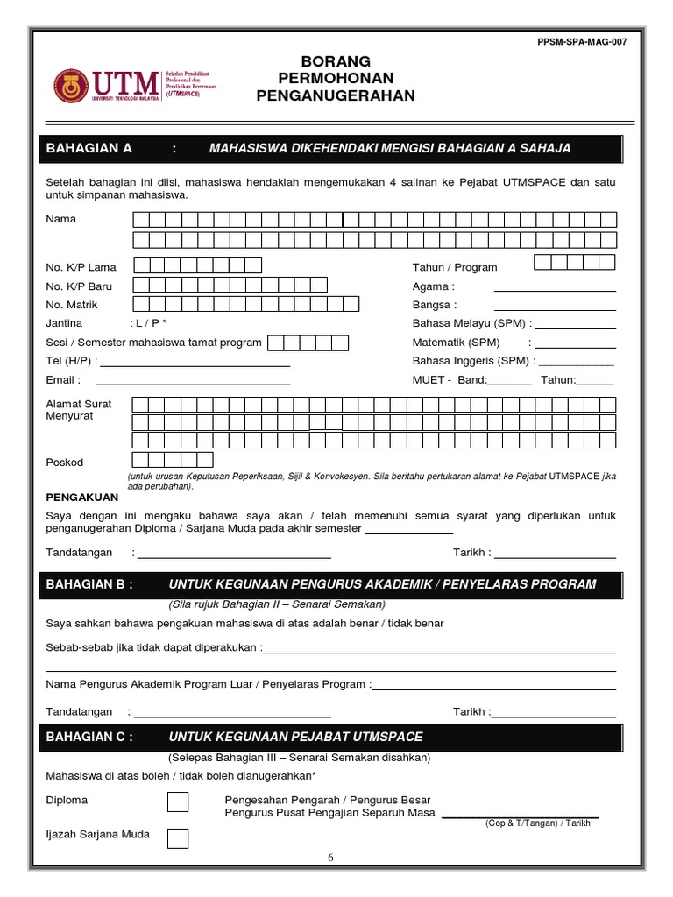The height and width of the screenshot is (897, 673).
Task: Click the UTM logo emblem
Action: (70, 86)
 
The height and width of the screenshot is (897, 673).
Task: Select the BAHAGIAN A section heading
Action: (89, 149)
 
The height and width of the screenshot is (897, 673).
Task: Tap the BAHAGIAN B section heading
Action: (89, 584)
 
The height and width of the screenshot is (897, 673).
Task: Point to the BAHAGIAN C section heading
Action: (89, 737)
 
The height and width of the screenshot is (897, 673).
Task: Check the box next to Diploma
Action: (178, 802)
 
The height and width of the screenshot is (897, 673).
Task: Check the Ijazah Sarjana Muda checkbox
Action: (178, 837)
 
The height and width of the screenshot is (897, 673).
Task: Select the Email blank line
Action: (193, 383)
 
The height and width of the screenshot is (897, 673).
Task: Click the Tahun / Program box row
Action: (574, 262)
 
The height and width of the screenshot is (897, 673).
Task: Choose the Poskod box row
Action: (173, 460)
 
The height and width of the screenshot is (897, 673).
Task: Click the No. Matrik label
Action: (72, 305)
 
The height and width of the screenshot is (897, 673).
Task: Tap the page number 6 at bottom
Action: (331, 858)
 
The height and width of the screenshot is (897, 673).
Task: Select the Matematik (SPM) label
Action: (456, 343)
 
